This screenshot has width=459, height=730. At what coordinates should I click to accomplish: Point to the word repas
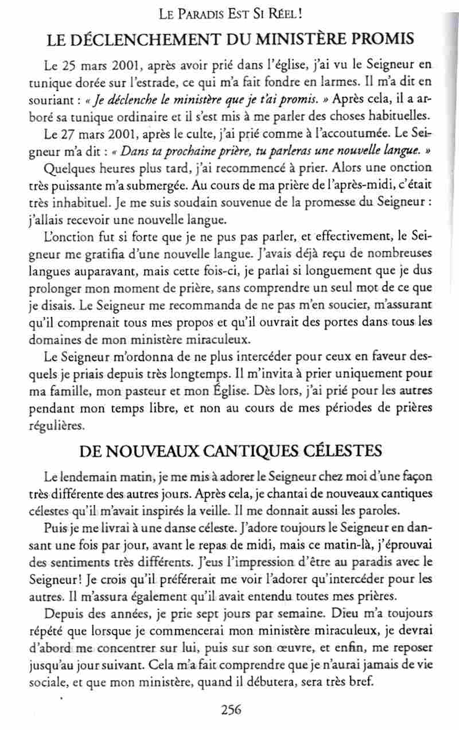coord(266,544)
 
